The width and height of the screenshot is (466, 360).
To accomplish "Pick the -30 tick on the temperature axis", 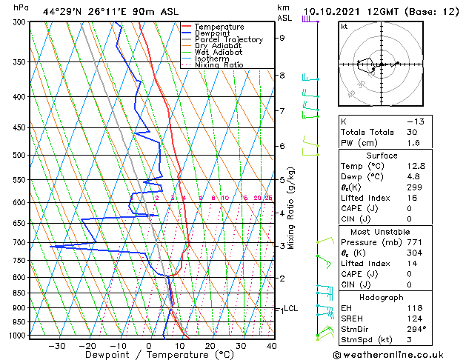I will (57, 345).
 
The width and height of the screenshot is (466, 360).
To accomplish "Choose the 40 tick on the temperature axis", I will (271, 345).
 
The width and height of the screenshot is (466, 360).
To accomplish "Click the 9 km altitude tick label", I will (282, 38).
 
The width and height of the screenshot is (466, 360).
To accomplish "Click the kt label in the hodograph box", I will (344, 26).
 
